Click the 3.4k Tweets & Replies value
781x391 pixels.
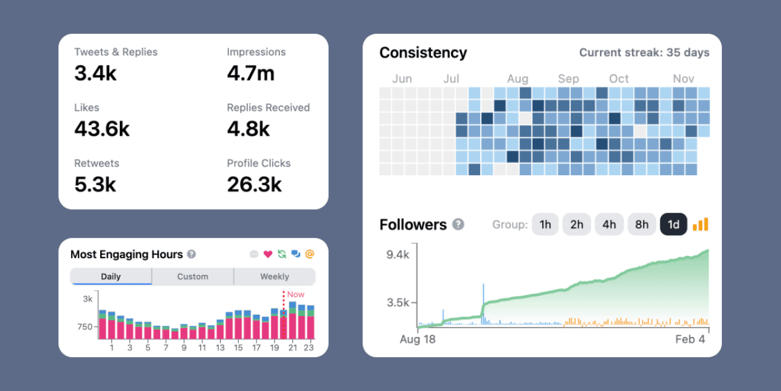click(96, 74)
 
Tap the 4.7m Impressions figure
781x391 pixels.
click(251, 74)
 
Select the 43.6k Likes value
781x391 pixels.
click(102, 129)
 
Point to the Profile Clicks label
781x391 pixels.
click(258, 164)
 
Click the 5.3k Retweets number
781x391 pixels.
click(95, 185)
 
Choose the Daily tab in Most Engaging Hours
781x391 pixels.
click(111, 276)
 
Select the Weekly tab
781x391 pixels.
click(275, 276)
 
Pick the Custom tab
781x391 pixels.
click(193, 276)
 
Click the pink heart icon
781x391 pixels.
click(267, 254)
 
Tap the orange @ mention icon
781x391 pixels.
click(310, 254)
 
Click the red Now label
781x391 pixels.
click(295, 295)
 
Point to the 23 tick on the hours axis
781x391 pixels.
click(309, 348)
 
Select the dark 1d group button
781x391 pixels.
click(674, 225)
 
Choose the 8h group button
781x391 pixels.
click(642, 225)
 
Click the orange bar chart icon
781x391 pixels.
click(700, 224)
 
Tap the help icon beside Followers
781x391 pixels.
click(458, 225)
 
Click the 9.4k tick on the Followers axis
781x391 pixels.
click(398, 255)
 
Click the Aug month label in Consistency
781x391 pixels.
click(517, 79)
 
